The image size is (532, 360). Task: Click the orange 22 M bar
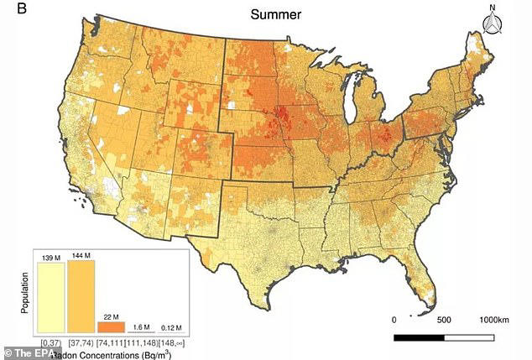(110, 326)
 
